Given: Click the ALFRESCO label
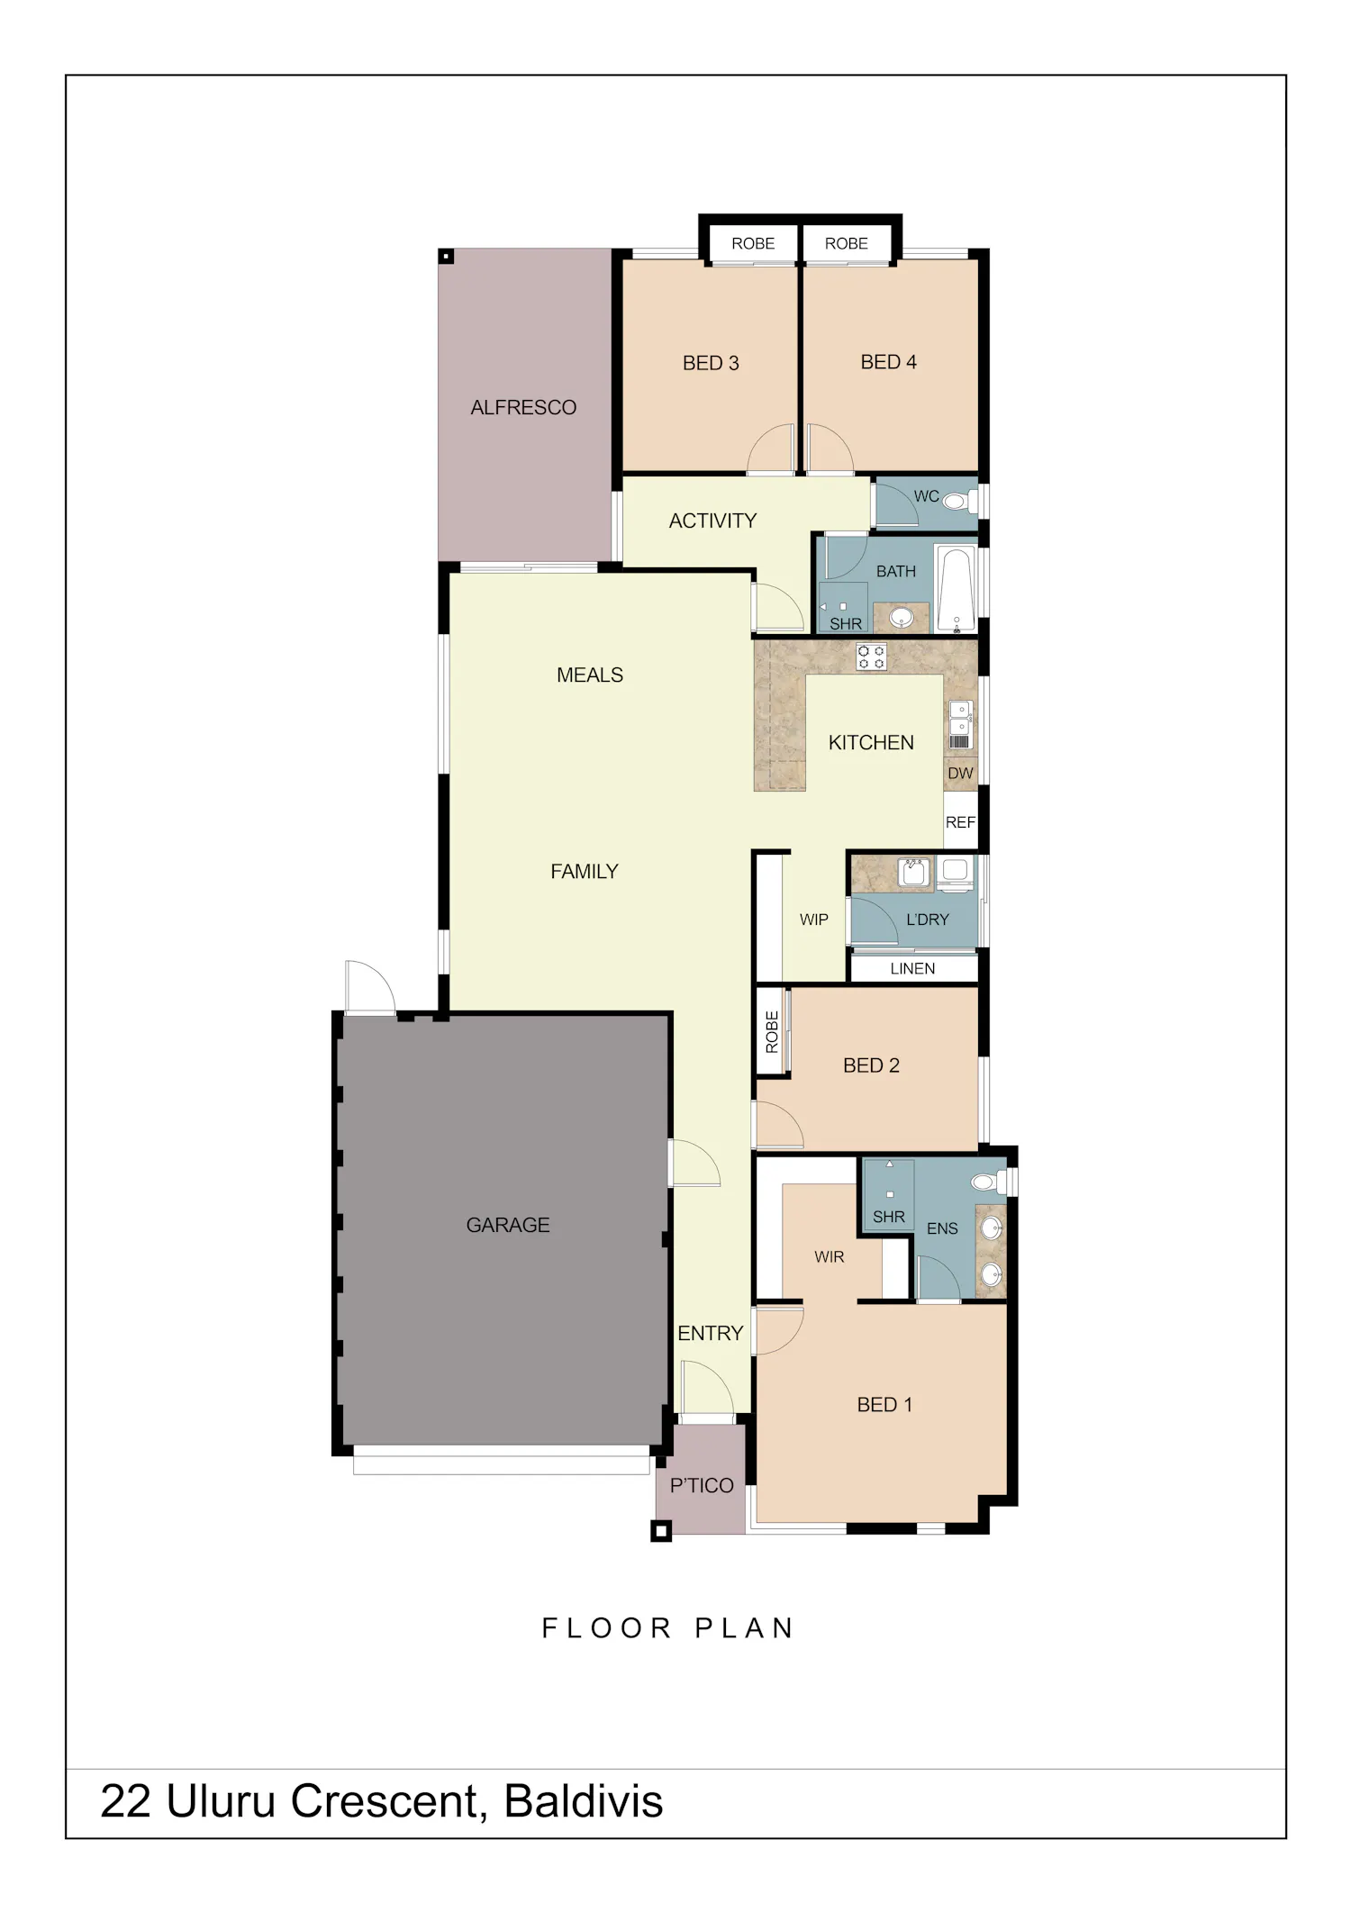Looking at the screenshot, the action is (x=523, y=408).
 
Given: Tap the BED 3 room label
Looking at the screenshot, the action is (x=711, y=363).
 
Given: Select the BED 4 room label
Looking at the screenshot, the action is (x=888, y=362).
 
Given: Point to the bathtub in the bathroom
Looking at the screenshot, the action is (x=957, y=586).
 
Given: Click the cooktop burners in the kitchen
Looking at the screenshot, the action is (x=871, y=657).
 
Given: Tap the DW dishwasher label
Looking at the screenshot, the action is (x=960, y=773).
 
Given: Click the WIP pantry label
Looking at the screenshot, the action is (x=814, y=920).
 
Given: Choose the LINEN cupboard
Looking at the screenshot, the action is (x=913, y=968).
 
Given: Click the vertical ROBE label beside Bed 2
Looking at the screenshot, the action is (x=772, y=1031).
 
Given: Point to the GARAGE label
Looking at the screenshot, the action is (x=508, y=1225).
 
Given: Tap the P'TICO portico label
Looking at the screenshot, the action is (x=702, y=1485).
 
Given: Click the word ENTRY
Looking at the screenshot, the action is (x=711, y=1333).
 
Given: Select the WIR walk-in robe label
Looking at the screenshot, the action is (x=830, y=1256).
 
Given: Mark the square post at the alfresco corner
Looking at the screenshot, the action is (x=446, y=257).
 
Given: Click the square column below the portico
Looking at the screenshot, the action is (x=661, y=1531).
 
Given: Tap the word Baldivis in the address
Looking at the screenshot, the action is (x=584, y=1801).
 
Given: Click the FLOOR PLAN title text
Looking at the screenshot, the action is (x=667, y=1628).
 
